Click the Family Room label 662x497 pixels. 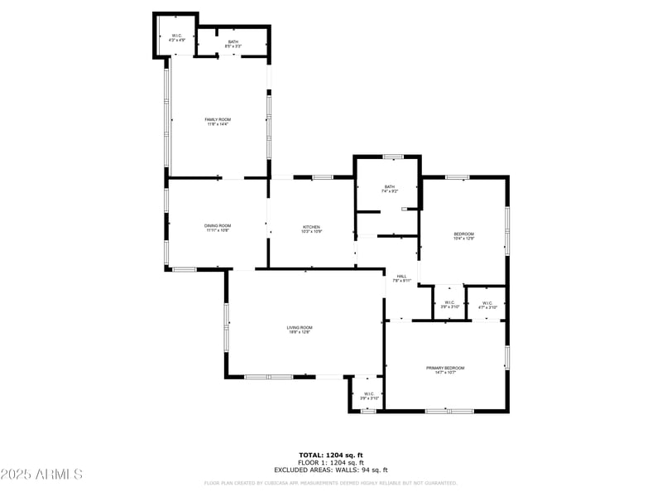218,120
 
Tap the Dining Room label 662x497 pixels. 218,225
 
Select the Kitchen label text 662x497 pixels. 311,227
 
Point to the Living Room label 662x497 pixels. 300,327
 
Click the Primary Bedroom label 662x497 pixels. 445,368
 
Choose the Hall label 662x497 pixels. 402,276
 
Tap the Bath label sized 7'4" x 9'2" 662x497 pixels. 389,186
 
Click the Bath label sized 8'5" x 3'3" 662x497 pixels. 233,41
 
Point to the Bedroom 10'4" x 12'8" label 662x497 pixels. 463,234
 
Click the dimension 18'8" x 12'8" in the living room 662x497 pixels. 300,332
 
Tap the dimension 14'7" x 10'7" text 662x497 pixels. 445,373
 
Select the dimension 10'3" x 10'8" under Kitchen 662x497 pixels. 311,232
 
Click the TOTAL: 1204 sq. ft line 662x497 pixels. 331,455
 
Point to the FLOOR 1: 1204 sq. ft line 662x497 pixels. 331,462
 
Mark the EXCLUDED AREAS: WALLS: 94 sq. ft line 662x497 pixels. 331,470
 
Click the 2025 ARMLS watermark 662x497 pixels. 42,475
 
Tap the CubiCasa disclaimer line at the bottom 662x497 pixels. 331,483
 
